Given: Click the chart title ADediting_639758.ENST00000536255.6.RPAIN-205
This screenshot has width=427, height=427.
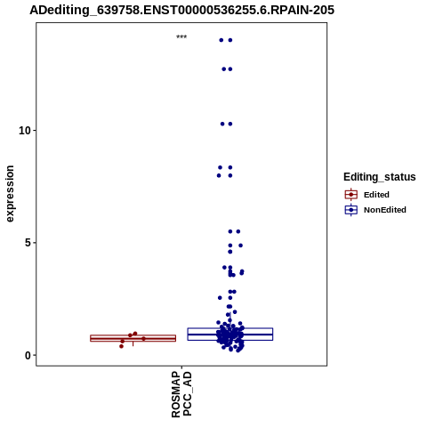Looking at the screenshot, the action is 181,10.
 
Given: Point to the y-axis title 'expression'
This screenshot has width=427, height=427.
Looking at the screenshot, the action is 10,194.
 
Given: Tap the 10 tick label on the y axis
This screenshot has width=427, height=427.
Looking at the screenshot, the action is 25,131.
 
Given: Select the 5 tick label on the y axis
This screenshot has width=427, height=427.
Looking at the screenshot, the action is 28,243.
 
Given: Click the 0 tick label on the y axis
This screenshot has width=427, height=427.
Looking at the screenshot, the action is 28,355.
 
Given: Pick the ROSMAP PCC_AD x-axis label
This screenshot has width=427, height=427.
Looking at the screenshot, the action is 181,394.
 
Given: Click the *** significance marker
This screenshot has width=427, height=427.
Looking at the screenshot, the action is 181,37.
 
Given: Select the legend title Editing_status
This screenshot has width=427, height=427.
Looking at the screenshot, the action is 380,177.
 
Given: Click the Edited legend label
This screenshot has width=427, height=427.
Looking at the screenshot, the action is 376,195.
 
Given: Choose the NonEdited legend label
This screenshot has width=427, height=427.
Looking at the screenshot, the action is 385,210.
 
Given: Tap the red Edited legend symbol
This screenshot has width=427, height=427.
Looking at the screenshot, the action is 351,195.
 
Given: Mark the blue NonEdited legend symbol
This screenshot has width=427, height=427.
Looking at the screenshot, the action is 351,210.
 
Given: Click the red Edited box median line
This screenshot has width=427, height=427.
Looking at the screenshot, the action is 133,338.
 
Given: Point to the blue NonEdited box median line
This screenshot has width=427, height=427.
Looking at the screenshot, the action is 230,334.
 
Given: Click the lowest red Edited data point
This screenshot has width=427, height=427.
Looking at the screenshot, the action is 121,346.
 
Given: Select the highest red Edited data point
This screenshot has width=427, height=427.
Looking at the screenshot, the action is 135,334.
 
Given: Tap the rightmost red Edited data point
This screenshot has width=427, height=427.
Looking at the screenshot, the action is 143,339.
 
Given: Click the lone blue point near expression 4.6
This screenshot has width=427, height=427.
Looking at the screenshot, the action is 230,252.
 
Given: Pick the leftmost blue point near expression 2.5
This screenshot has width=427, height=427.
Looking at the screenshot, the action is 220,298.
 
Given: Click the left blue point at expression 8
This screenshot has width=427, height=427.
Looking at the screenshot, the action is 219,175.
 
